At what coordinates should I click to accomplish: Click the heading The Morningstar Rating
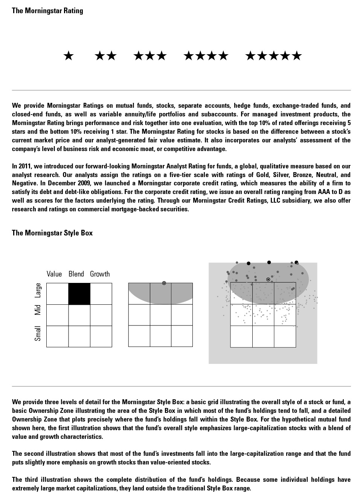point(47,11)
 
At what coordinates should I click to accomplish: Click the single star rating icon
point(69,56)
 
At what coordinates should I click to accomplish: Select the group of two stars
point(106,56)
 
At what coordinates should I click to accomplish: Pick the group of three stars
point(150,56)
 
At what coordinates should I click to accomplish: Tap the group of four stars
point(206,56)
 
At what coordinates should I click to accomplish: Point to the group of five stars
point(273,56)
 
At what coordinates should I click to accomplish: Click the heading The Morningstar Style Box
point(52,233)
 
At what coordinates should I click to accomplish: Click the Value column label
point(54,274)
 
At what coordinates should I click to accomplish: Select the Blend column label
point(76,274)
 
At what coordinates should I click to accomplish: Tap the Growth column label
point(100,274)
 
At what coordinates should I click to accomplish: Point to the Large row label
point(38,290)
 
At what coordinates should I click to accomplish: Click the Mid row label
point(38,310)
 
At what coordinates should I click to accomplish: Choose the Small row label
point(38,333)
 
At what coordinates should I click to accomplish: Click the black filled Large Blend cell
point(79,294)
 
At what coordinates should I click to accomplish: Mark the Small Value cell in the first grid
point(57,336)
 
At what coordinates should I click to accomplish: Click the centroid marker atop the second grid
point(164,283)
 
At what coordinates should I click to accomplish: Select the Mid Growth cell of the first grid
point(101,315)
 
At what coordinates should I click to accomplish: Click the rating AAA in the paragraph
point(324,192)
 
